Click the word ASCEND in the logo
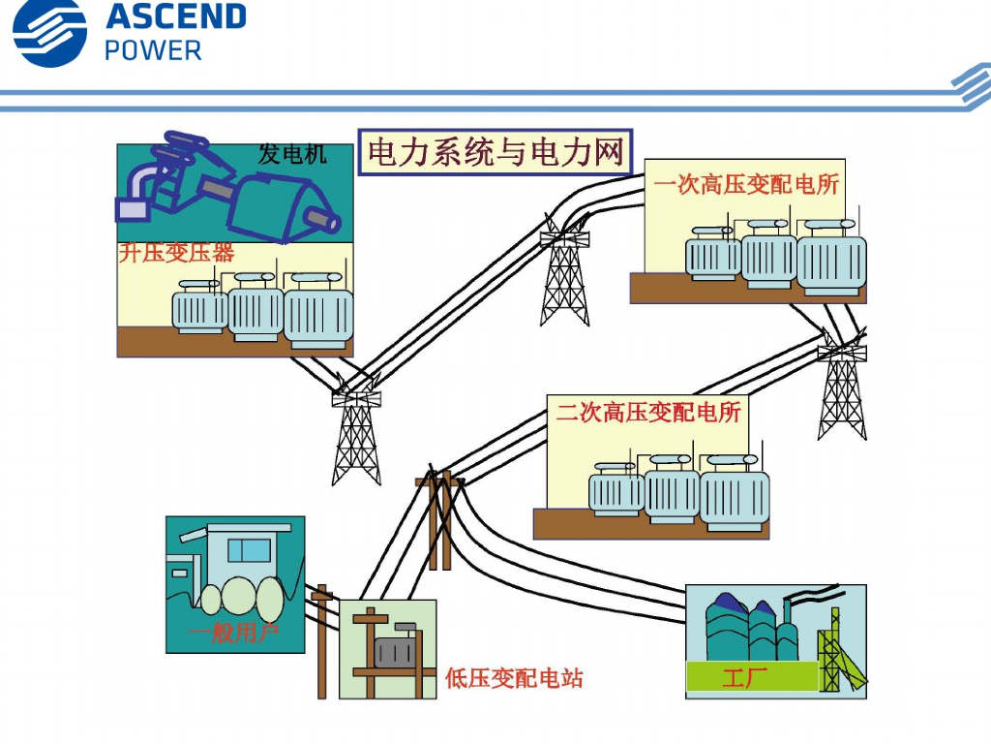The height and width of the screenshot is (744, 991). (x=175, y=17)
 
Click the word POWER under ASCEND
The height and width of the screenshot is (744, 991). (x=153, y=50)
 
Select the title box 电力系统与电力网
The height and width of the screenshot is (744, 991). (x=495, y=152)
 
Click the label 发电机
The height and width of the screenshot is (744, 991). (x=292, y=154)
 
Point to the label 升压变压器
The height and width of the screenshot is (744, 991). (x=176, y=254)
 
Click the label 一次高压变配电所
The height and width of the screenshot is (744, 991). (x=746, y=184)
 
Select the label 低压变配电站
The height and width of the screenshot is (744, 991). (x=514, y=678)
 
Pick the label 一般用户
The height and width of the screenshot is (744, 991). (x=233, y=635)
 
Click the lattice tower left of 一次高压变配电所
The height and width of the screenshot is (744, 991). (x=565, y=276)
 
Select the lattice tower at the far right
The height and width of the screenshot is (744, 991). (x=841, y=387)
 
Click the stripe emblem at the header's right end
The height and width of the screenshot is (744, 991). (x=971, y=86)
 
